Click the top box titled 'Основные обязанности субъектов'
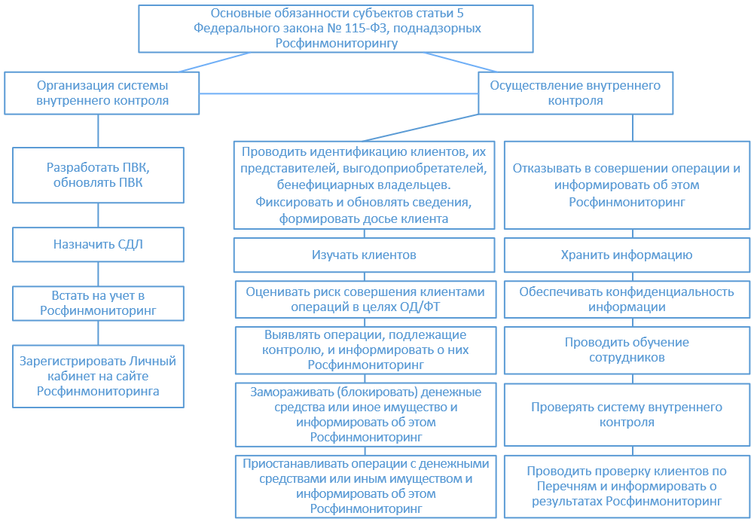336,29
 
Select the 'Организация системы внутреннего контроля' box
102,93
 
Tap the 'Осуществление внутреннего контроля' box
575,93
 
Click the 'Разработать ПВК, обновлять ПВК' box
98,175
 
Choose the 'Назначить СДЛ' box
98,244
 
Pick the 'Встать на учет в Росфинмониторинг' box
98,302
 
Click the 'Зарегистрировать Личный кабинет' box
98,376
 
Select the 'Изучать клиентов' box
364,255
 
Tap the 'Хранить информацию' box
627,255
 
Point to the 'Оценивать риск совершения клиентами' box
365,300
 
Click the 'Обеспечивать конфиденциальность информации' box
627,300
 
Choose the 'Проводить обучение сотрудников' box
627,350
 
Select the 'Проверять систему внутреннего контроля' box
627,415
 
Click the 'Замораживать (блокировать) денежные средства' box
365,415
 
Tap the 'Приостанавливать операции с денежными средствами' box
365,487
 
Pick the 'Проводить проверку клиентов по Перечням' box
627,487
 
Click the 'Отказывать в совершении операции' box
627,185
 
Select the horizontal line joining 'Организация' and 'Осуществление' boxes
339,93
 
